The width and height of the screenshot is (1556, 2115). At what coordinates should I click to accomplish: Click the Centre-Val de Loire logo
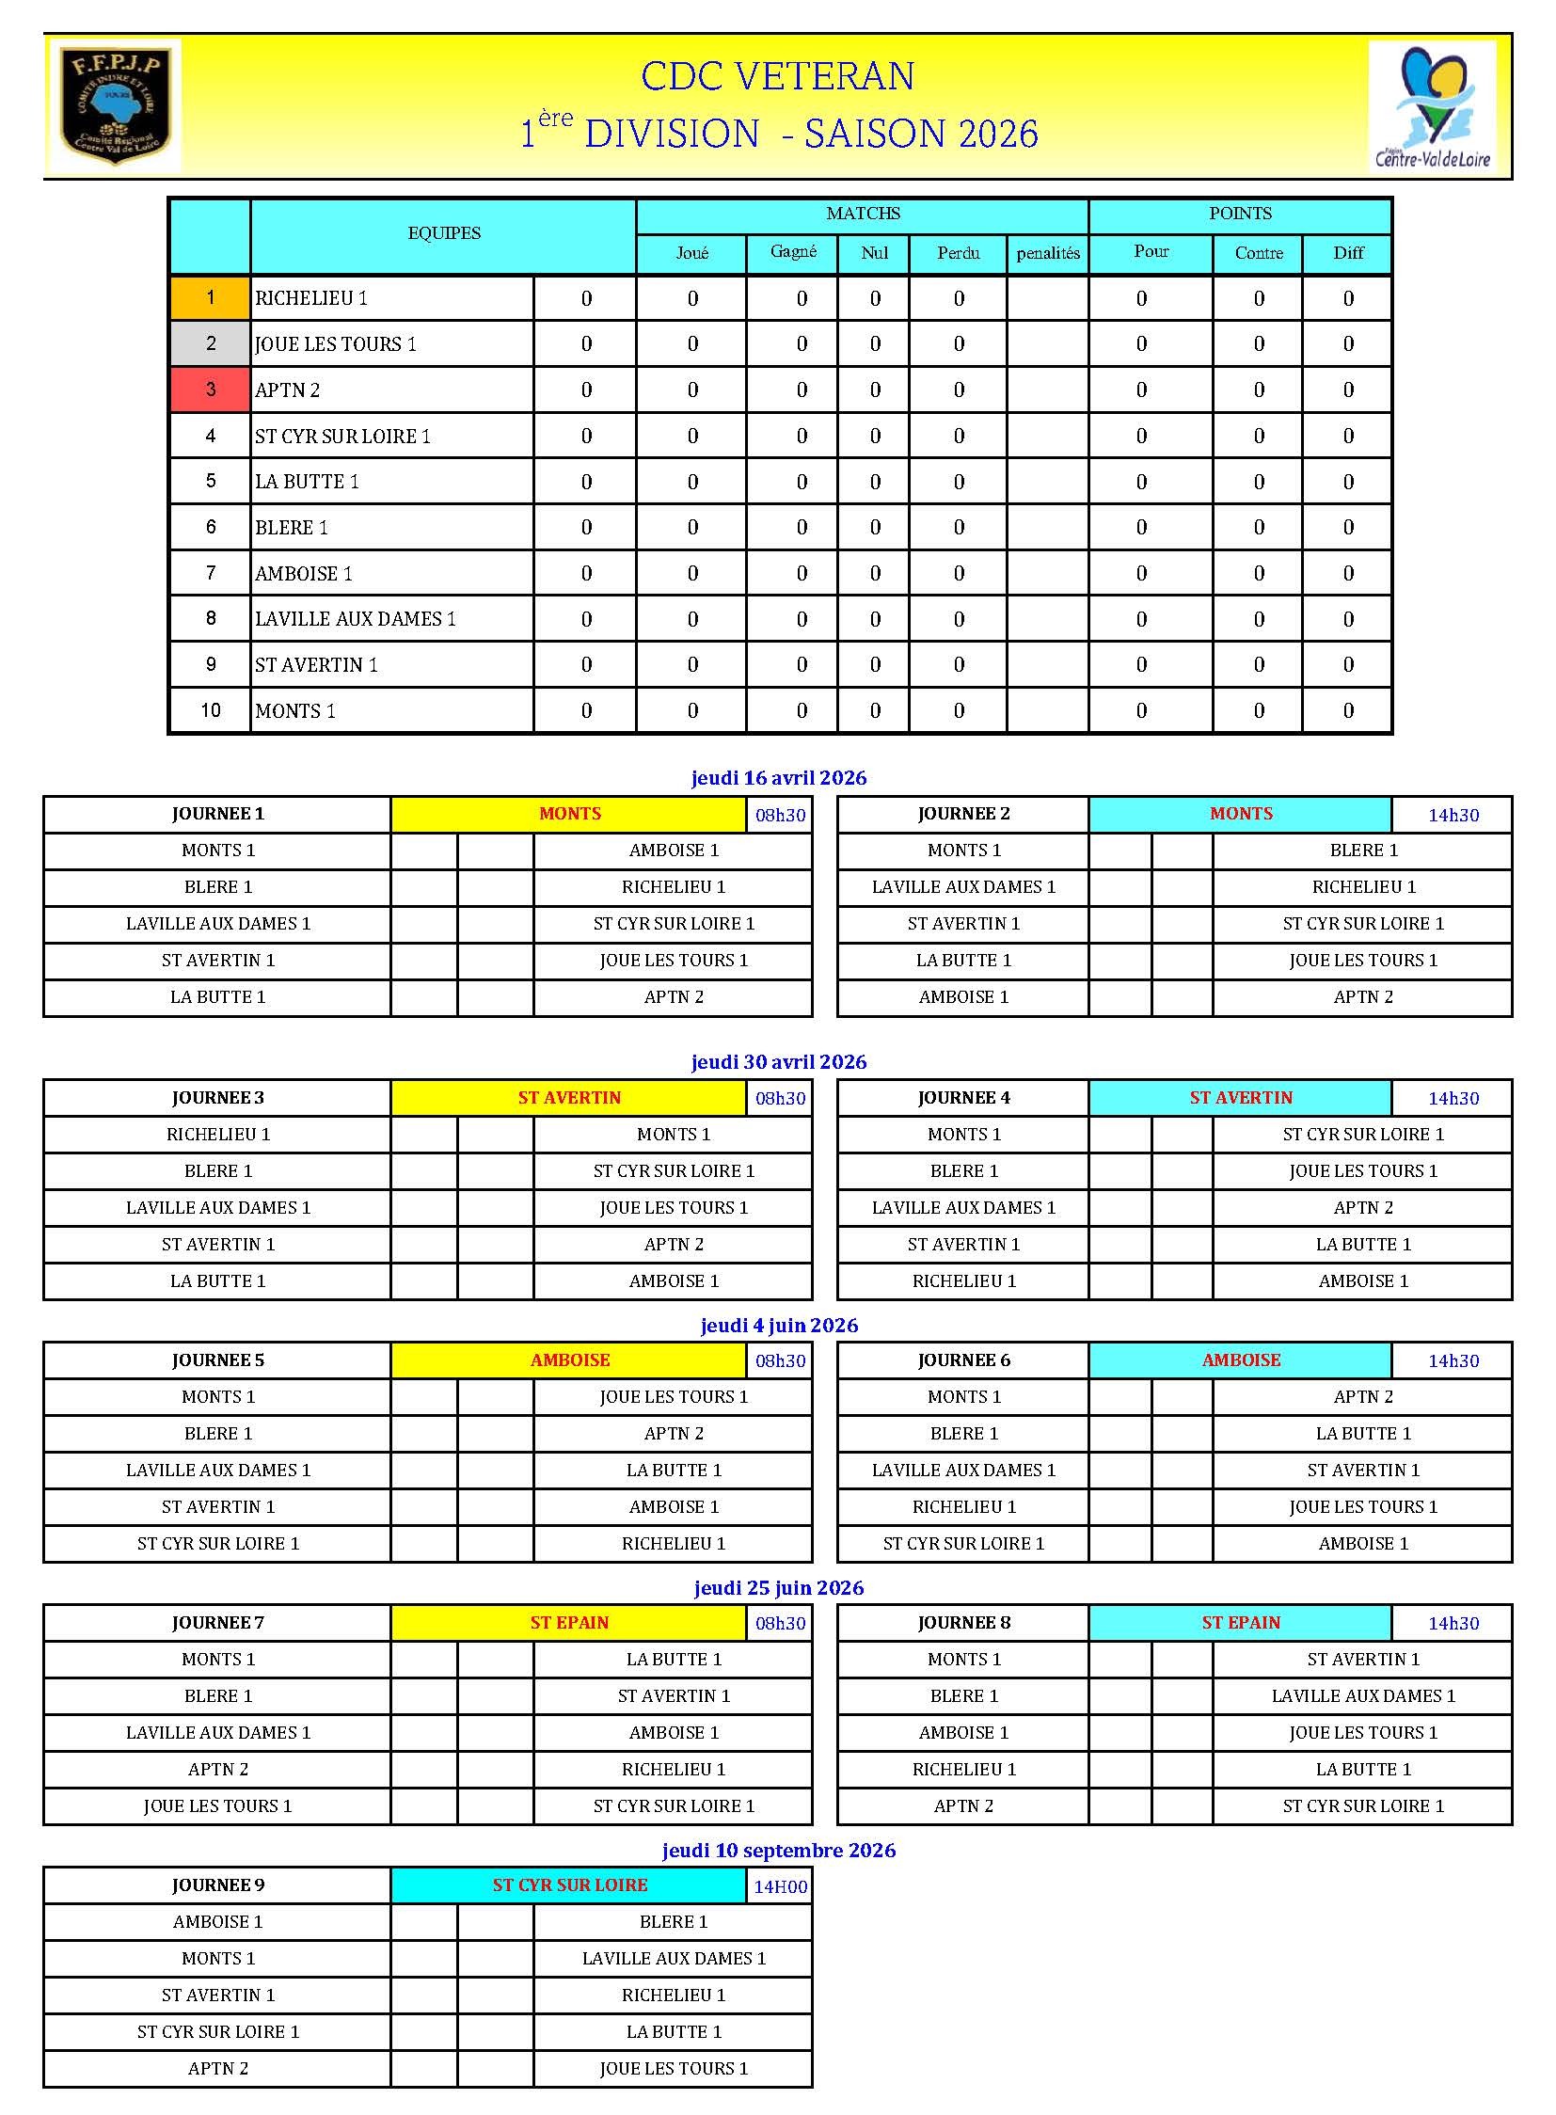pos(1432,105)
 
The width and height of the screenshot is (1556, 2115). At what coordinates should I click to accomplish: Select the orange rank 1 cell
pos(210,297)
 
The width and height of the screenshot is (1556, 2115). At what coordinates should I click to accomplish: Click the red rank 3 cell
pos(210,390)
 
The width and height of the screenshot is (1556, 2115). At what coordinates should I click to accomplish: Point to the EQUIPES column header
pos(444,233)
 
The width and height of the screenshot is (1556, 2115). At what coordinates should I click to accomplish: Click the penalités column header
pos(1047,253)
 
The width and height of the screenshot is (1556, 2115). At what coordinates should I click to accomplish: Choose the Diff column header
pos(1348,253)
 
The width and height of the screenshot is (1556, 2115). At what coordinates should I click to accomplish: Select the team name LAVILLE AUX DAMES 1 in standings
pos(355,619)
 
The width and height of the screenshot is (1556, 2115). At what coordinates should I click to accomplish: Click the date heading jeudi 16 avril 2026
pos(778,777)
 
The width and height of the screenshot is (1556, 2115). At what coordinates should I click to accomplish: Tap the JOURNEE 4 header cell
pos(962,1098)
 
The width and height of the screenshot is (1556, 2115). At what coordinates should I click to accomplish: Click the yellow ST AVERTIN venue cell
pos(569,1098)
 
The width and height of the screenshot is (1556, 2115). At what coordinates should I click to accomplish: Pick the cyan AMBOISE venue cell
pos(1241,1360)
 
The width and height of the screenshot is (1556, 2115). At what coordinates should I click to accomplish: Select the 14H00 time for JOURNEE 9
pos(780,1886)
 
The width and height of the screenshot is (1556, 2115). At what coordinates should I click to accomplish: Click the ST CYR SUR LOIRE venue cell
pos(569,1885)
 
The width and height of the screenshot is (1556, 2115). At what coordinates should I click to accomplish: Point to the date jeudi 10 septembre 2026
pos(778,1851)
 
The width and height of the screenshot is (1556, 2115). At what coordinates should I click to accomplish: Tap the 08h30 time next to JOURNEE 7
pos(780,1623)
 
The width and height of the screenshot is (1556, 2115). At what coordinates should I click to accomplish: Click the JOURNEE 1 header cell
pos(217,814)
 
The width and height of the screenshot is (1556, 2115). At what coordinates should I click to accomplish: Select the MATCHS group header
pos(863,214)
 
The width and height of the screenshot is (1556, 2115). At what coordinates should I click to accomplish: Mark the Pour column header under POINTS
pos(1151,251)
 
